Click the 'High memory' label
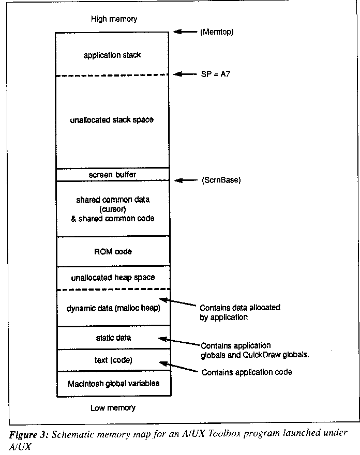[114, 19]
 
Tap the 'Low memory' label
[113, 408]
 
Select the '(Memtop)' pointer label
[217, 32]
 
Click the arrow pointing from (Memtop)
[185, 32]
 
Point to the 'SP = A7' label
[215, 74]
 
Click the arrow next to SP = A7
[186, 74]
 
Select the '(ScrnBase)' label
[221, 180]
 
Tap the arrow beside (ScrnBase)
[186, 180]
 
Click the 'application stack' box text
[112, 55]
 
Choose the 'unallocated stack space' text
[112, 120]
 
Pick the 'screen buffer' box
[113, 174]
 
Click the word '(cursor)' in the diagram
[113, 209]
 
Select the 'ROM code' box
[113, 251]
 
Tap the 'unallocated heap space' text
[113, 278]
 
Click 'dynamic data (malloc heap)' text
[113, 308]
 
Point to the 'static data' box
[113, 338]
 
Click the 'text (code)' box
[113, 360]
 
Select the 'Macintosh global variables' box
[114, 384]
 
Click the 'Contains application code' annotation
[247, 372]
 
